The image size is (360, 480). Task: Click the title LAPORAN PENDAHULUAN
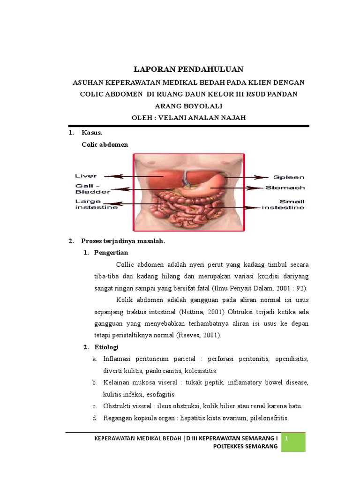click(188, 69)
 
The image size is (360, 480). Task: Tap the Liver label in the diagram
click(86, 176)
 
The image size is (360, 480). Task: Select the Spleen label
click(289, 178)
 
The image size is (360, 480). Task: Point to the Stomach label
click(285, 188)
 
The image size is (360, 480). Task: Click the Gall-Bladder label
click(92, 189)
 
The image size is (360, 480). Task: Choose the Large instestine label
click(97, 204)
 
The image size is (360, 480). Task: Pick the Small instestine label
click(283, 204)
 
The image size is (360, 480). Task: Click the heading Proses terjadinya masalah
click(123, 241)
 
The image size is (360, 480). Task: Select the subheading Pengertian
click(111, 253)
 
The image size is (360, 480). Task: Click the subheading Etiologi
click(106, 347)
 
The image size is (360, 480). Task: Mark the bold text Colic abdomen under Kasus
click(105, 145)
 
